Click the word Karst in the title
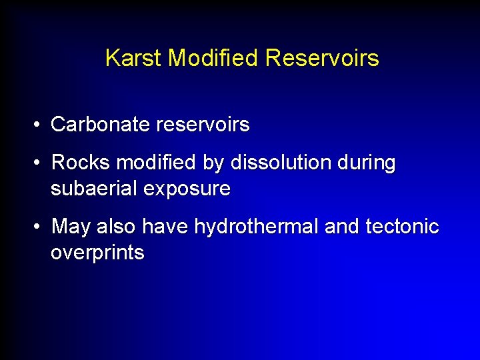[134, 59]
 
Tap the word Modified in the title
[213, 59]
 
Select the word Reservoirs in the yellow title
[322, 59]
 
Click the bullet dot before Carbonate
[41, 125]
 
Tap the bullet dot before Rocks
[41, 163]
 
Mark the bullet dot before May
[41, 227]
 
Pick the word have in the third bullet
[167, 227]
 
